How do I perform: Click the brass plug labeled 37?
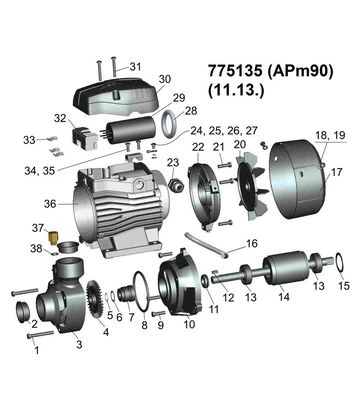53,237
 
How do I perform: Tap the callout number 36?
50,204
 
